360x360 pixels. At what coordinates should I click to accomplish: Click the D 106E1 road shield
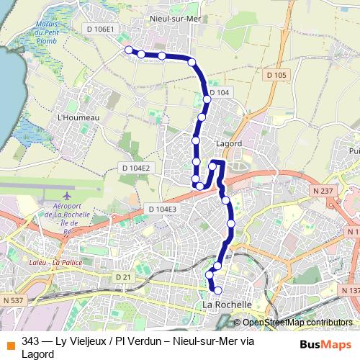point(99,29)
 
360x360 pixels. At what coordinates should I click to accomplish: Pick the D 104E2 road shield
point(135,168)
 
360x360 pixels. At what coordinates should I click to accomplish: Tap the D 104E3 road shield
point(162,209)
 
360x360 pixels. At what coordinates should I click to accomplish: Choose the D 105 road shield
point(276,75)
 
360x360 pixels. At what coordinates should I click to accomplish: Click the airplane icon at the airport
point(67,195)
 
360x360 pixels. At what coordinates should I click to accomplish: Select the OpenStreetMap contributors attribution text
point(292,322)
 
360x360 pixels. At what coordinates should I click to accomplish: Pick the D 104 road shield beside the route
point(221,93)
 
